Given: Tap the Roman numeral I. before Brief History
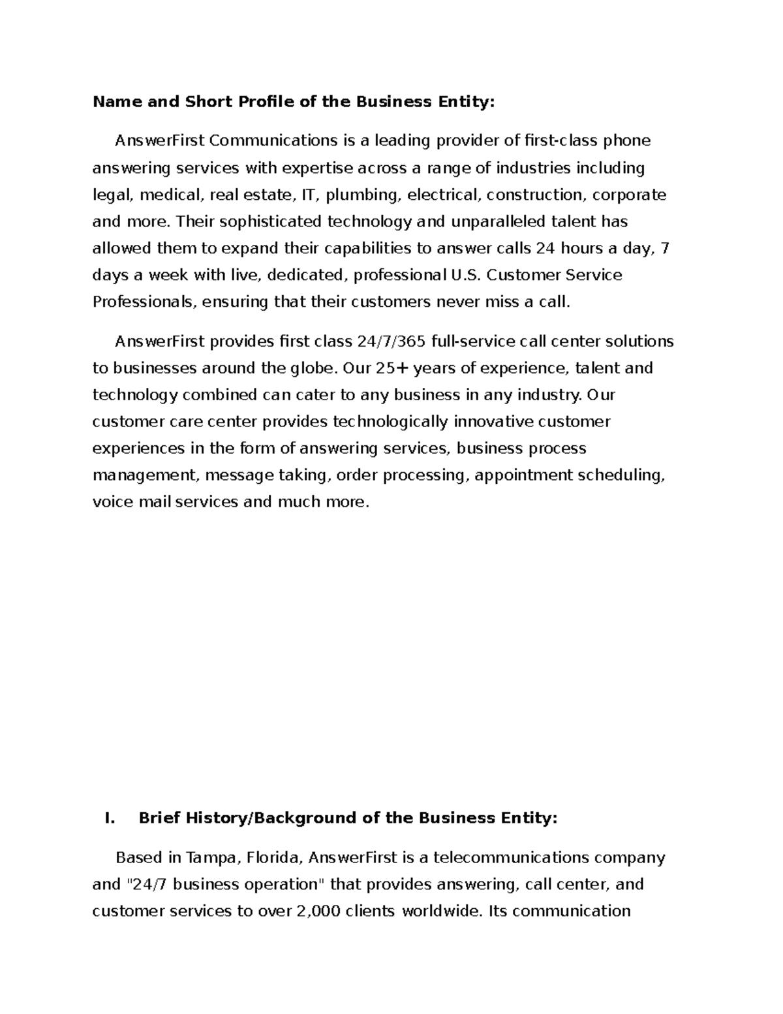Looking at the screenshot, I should point(110,819).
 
